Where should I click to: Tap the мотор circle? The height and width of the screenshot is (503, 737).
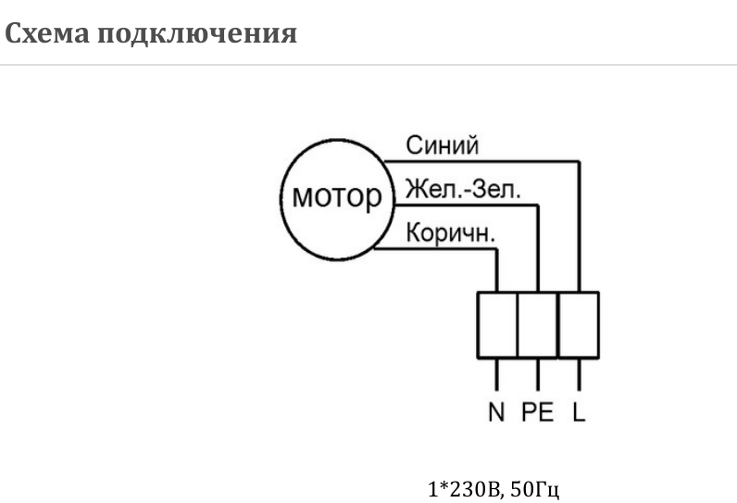click(x=336, y=196)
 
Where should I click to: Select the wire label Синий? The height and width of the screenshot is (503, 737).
click(x=442, y=145)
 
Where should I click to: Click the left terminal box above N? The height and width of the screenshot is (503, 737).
click(x=497, y=324)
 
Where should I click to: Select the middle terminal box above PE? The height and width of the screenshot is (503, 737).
click(x=538, y=324)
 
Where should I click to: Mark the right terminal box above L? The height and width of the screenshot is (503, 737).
click(x=579, y=324)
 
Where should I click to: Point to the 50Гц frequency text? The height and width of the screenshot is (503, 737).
click(x=537, y=488)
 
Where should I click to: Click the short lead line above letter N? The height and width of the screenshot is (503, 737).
click(x=497, y=374)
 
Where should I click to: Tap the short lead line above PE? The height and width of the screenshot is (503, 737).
click(x=538, y=374)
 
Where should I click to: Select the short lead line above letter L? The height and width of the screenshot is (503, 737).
click(x=579, y=374)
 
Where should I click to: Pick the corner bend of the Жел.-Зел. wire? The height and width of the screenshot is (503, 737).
click(x=538, y=206)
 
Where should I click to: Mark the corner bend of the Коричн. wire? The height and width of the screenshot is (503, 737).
click(x=497, y=250)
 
